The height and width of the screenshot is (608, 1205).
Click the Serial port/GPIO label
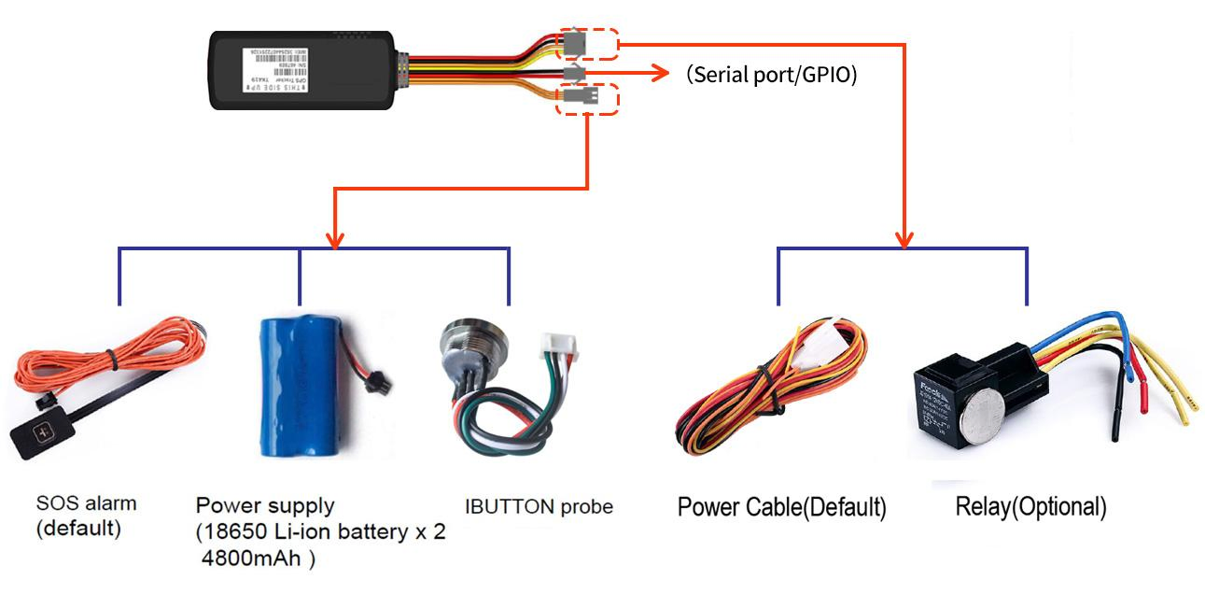[771, 75]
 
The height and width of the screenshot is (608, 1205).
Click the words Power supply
[264, 506]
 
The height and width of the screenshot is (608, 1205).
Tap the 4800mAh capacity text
[258, 560]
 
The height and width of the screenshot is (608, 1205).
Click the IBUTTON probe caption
[539, 507]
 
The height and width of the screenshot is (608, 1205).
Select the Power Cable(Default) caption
[781, 508]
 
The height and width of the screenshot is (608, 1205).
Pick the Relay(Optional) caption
[1030, 508]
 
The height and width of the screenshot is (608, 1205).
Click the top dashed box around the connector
[589, 42]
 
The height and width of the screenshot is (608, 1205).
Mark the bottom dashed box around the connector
[588, 98]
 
